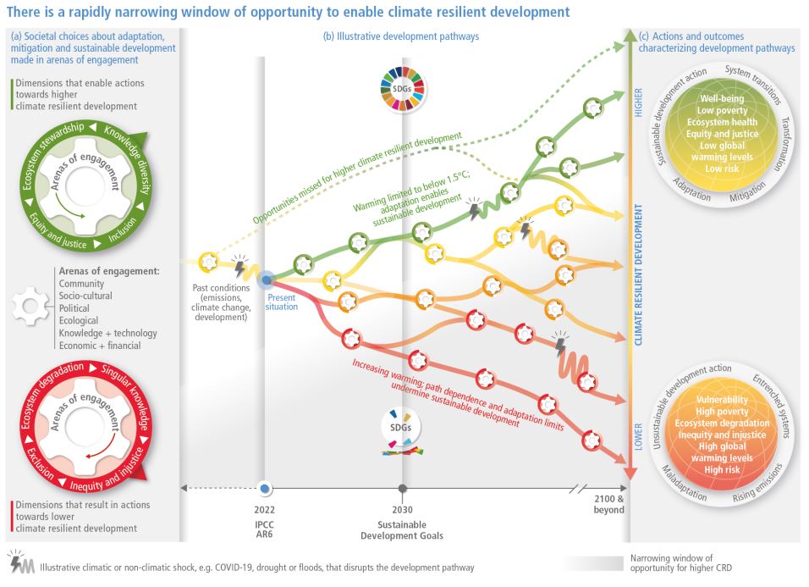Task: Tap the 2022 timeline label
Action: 265,511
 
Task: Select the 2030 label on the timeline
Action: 402,511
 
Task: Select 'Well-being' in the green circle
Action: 722,99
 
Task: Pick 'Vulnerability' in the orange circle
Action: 721,398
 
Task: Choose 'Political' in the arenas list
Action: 74,309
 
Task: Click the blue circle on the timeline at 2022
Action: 265,488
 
